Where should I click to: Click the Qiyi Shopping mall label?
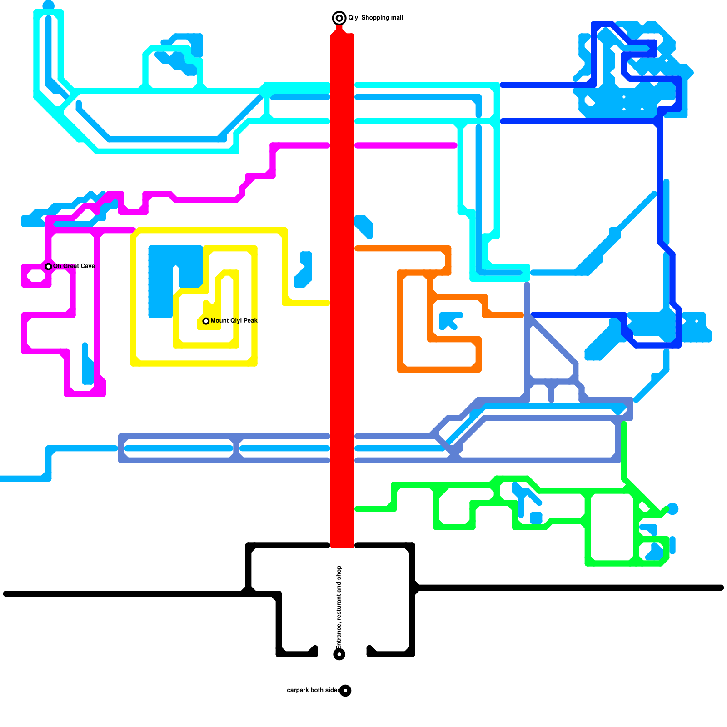(x=375, y=18)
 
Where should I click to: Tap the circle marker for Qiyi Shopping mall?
(x=339, y=18)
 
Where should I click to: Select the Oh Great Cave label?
(x=74, y=266)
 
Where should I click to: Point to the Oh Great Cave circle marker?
(x=49, y=266)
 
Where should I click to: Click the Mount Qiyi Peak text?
(x=234, y=320)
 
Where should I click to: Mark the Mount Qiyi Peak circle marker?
(x=206, y=321)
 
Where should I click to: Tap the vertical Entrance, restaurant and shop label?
(x=339, y=607)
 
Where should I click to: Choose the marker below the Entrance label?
(x=339, y=654)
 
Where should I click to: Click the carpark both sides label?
(x=313, y=690)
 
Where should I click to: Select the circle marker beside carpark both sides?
(x=345, y=691)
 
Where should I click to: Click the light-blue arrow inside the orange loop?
(x=449, y=320)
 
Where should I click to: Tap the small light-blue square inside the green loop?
(x=536, y=518)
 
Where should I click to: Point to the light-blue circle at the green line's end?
(x=672, y=509)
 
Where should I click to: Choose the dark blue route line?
(x=660, y=182)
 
